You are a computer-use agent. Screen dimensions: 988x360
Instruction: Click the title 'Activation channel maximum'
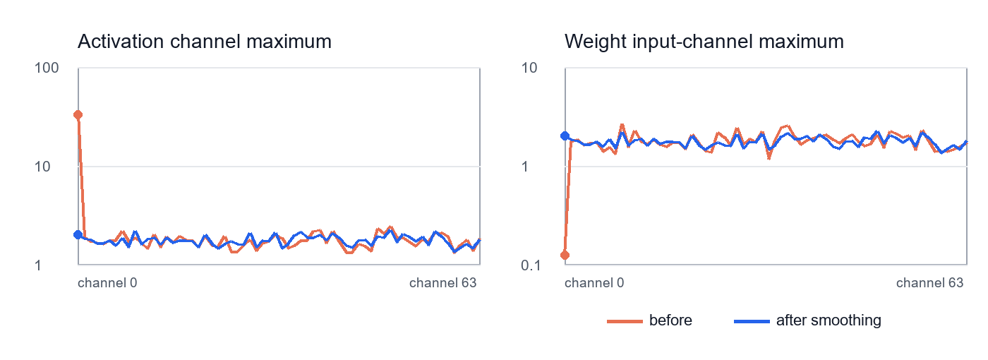tap(204, 42)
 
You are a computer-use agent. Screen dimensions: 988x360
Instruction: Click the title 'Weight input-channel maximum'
tap(704, 42)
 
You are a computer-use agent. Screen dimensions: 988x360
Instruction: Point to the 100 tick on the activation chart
tap(47, 68)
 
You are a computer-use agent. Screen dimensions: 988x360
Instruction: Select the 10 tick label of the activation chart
tap(42, 167)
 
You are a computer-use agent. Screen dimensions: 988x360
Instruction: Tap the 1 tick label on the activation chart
tap(38, 265)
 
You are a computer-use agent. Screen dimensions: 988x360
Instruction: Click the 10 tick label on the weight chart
tap(529, 68)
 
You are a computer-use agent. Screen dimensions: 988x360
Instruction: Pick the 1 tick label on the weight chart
tap(525, 167)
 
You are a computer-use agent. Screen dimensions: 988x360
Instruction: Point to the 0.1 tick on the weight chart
tap(531, 265)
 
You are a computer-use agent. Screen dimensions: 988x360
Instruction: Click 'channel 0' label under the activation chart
tap(107, 283)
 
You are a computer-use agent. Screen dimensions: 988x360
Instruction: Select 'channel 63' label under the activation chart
tap(443, 283)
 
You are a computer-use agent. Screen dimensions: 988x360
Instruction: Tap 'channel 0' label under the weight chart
tap(594, 283)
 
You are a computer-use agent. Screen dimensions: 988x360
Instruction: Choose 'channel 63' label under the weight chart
tap(930, 283)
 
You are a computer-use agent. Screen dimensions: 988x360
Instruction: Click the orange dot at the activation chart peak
tap(78, 115)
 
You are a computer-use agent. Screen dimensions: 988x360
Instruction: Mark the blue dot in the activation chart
tap(78, 234)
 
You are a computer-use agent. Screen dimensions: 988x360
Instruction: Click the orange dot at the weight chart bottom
tap(565, 255)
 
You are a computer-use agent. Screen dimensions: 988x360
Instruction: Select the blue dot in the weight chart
tap(565, 136)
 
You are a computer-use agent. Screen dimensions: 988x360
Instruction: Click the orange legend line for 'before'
tap(625, 322)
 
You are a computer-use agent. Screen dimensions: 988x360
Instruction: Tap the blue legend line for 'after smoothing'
tap(752, 322)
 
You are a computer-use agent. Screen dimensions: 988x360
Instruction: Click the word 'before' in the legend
tap(670, 320)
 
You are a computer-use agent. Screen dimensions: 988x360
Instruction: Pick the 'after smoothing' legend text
tap(829, 320)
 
